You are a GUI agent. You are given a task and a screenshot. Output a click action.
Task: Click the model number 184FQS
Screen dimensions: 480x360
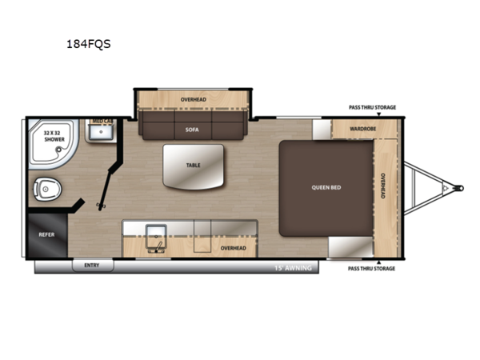tap(89, 44)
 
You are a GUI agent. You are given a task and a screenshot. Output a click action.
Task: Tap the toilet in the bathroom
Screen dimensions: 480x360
tap(47, 189)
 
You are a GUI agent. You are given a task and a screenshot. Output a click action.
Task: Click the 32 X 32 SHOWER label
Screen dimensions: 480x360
tap(54, 136)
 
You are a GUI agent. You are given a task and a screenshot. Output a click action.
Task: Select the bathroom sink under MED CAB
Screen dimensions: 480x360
tap(101, 132)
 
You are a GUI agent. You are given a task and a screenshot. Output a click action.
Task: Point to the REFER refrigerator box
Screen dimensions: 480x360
tap(47, 235)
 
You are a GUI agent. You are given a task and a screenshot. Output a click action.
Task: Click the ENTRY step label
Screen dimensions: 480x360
tap(92, 265)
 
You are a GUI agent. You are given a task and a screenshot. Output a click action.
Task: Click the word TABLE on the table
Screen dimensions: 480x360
tap(193, 166)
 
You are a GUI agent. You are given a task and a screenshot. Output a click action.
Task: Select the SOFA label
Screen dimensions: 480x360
tap(192, 130)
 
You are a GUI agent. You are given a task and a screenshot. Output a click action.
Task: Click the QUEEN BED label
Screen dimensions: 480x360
tap(326, 187)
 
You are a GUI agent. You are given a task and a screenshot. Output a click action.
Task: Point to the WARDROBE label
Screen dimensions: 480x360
tap(362, 129)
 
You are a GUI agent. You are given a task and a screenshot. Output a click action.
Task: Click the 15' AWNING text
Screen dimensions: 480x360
tap(293, 268)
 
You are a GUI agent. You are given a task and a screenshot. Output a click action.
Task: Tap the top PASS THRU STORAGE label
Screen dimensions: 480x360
tap(372, 107)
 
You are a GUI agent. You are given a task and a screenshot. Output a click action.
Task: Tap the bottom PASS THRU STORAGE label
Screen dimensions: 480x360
tap(371, 269)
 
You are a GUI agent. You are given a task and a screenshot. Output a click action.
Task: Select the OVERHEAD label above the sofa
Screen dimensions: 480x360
tap(193, 100)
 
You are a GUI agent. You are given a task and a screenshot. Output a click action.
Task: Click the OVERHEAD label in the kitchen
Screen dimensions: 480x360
tap(234, 248)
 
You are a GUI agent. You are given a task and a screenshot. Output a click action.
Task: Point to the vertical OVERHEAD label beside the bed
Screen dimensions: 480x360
tap(383, 186)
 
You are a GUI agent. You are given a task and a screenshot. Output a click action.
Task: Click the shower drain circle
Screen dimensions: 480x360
tap(58, 150)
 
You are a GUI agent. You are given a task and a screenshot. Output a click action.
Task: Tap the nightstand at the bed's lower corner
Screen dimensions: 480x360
tap(351, 246)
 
